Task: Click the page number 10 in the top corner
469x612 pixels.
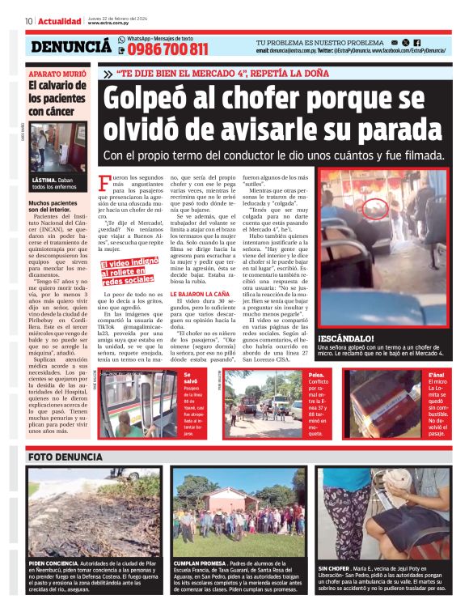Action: [29, 20]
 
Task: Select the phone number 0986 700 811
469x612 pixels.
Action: [163, 49]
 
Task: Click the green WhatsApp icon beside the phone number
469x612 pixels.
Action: [122, 39]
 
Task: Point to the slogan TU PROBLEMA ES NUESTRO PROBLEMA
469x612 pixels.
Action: [319, 42]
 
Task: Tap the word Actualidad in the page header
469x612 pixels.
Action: [59, 20]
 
